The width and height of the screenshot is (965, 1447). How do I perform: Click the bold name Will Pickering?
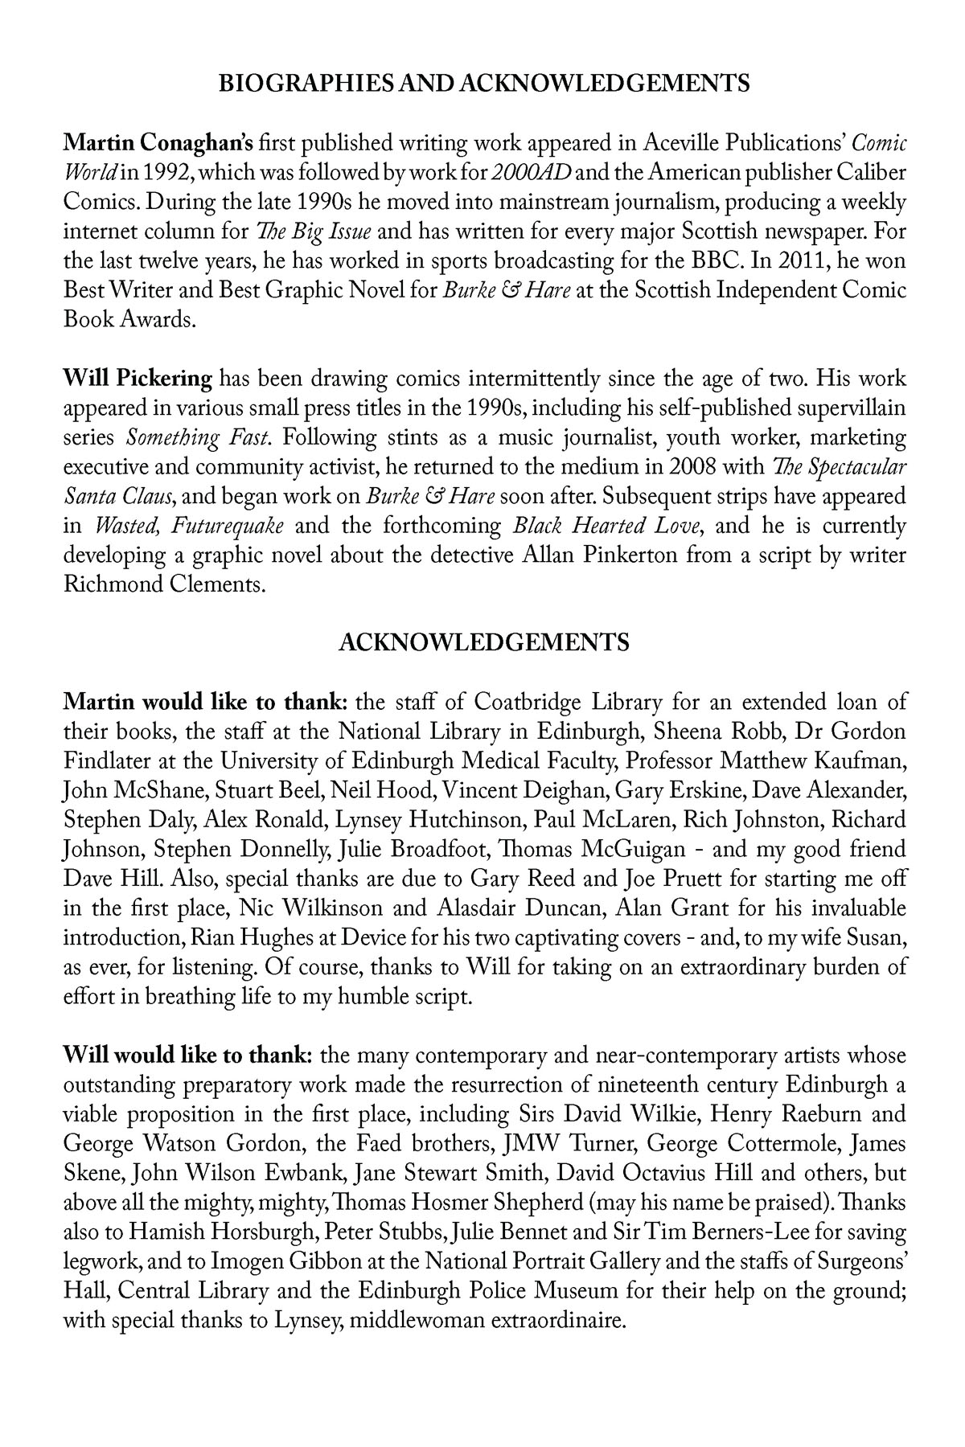[138, 379]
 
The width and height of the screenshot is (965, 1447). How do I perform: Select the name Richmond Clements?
[164, 584]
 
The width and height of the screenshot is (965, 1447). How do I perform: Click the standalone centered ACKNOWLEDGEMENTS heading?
[483, 643]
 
